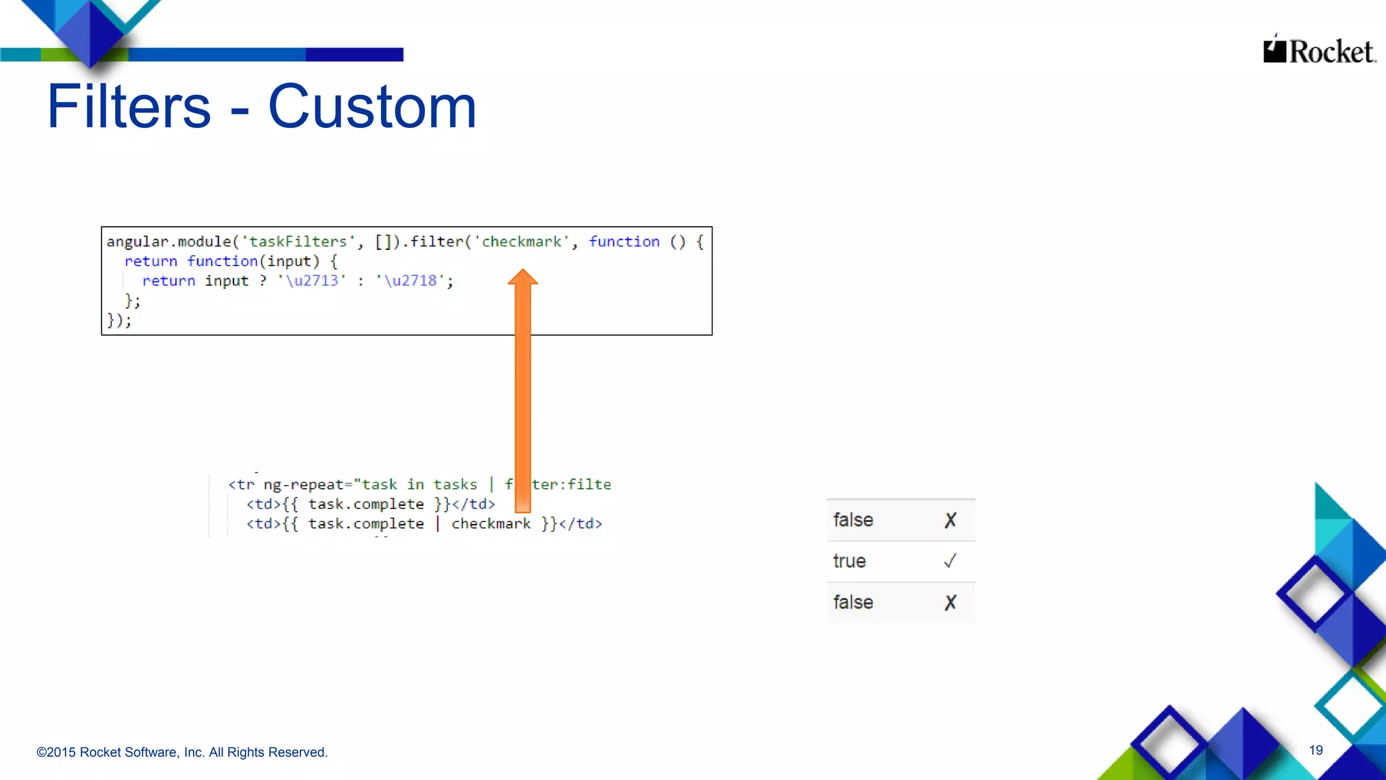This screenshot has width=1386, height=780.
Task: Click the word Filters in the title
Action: [x=129, y=106]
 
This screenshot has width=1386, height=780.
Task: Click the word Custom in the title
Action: [x=372, y=106]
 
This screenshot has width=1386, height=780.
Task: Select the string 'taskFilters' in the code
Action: [x=298, y=242]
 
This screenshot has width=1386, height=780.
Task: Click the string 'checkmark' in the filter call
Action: [x=521, y=242]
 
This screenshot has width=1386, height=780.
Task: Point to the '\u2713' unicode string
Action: [x=312, y=280]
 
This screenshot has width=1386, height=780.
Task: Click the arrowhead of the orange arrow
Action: [x=522, y=278]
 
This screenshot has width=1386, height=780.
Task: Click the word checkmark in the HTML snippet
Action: [x=491, y=524]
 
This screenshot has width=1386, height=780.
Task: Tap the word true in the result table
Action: [x=849, y=561]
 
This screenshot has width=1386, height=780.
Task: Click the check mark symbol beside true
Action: [x=950, y=561]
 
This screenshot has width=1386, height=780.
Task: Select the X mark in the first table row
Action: [x=950, y=520]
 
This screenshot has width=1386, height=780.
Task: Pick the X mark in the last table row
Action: [x=950, y=603]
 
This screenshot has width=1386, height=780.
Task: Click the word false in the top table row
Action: [x=853, y=520]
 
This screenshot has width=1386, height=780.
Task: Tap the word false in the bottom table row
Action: [x=853, y=603]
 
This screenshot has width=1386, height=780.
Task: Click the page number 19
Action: [x=1316, y=750]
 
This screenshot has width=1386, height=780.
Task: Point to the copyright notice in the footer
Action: [x=182, y=752]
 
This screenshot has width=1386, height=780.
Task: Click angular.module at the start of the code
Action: [x=169, y=242]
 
